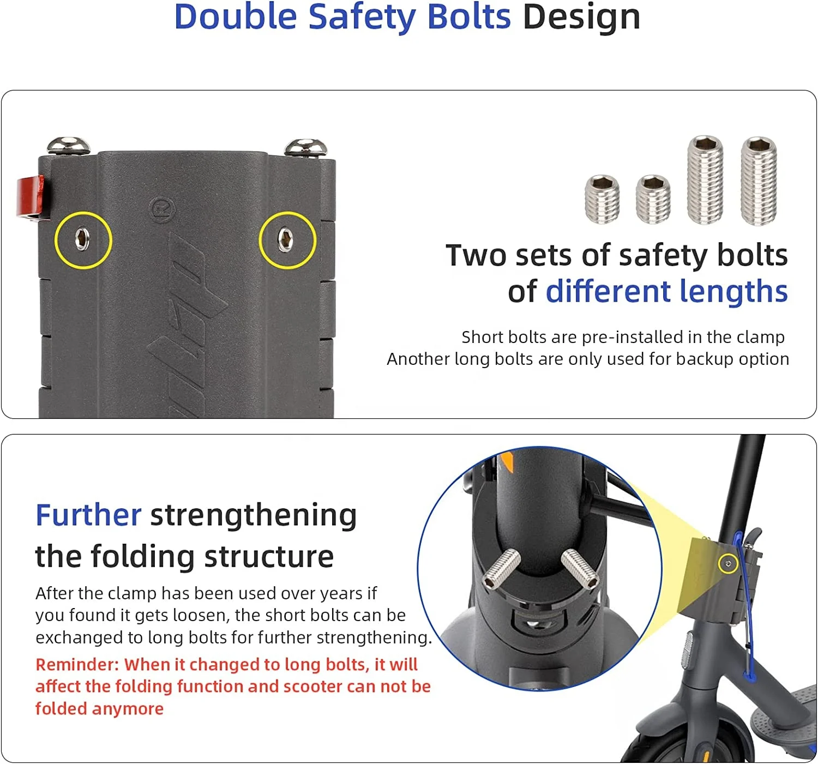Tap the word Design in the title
pyautogui.click(x=581, y=17)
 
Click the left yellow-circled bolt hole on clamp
pyautogui.click(x=82, y=239)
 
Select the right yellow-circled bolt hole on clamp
pyautogui.click(x=286, y=240)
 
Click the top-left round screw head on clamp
pyautogui.click(x=68, y=146)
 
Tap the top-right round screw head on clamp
pyautogui.click(x=306, y=147)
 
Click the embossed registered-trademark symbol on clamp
pyautogui.click(x=162, y=209)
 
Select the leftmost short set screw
pyautogui.click(x=602, y=200)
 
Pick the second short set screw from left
pyautogui.click(x=653, y=200)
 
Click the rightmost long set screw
pyautogui.click(x=758, y=181)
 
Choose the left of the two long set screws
pyautogui.click(x=705, y=180)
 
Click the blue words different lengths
pyautogui.click(x=666, y=291)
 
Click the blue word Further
pyautogui.click(x=88, y=515)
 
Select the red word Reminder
pyautogui.click(x=76, y=664)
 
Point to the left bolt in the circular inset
pyautogui.click(x=501, y=568)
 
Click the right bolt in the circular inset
pyautogui.click(x=580, y=569)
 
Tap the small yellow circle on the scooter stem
pyautogui.click(x=727, y=564)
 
